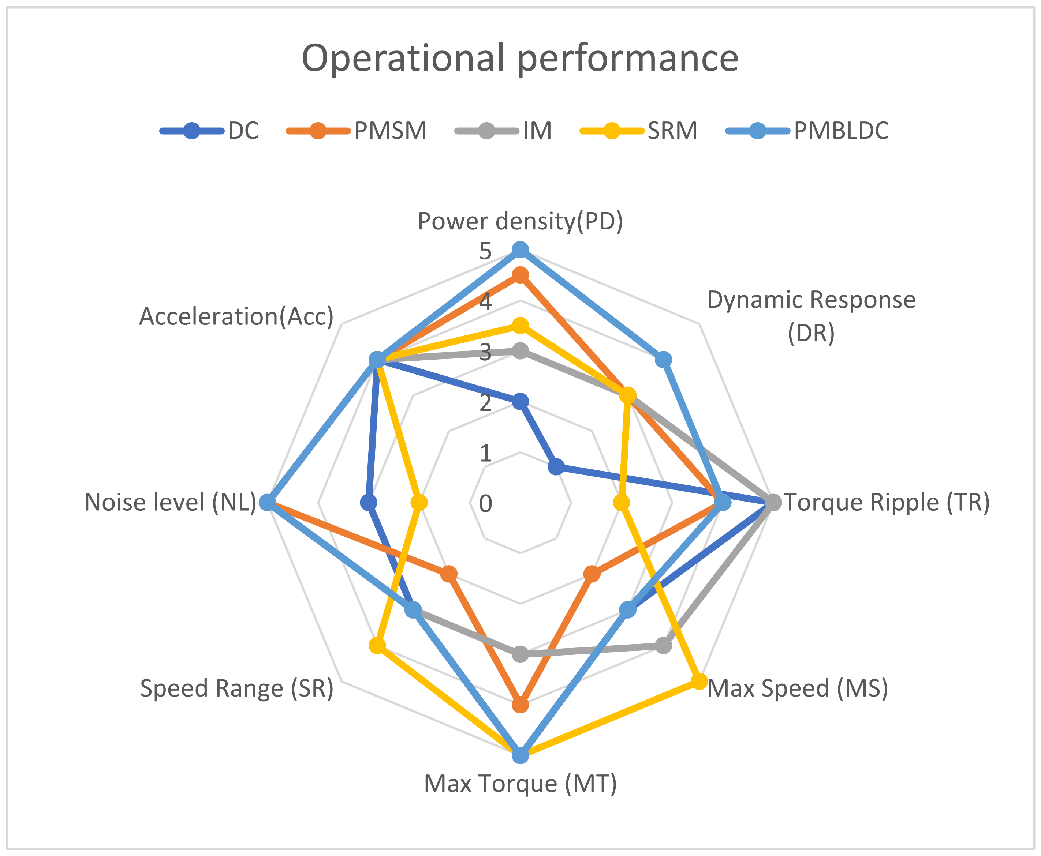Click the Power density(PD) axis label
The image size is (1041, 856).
point(520,221)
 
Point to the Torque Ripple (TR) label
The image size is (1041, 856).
point(887,503)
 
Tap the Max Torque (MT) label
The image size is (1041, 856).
point(520,784)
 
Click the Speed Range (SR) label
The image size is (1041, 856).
point(237,688)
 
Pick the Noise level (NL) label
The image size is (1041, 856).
point(170,503)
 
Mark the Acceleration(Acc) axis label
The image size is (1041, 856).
point(236,316)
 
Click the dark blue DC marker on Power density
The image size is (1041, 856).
point(520,402)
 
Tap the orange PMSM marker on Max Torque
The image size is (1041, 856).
point(520,705)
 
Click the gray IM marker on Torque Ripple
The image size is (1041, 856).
point(773,503)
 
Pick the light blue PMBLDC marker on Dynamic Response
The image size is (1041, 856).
point(663,360)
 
